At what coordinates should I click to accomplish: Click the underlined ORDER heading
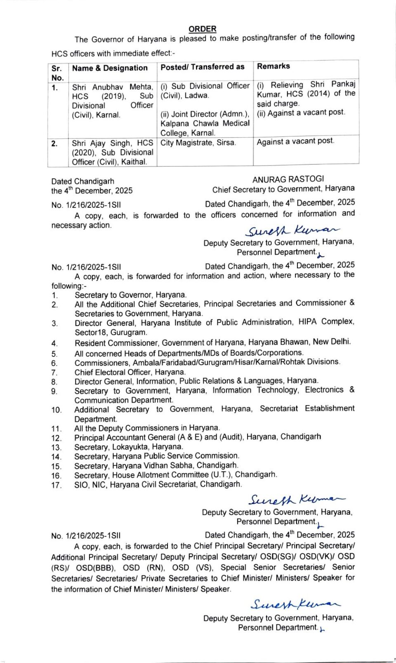tap(202, 29)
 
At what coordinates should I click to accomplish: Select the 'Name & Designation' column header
tap(110, 68)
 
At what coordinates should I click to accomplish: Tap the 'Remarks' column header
tap(273, 66)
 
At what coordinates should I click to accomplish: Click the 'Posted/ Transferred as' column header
tap(202, 67)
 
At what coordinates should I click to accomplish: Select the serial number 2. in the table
tap(54, 143)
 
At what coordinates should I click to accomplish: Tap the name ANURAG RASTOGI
tap(288, 179)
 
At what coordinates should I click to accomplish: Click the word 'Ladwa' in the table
tap(197, 96)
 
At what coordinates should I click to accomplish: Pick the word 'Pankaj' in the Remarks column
tap(343, 84)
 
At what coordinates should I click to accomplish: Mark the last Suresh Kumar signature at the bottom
tap(295, 604)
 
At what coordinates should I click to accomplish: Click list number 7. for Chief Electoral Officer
tap(54, 372)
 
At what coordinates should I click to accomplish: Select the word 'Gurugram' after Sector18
tap(129, 332)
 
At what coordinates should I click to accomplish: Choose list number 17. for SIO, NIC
tap(56, 485)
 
